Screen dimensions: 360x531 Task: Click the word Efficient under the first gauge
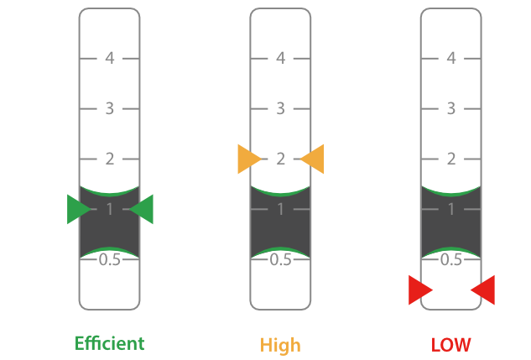click(x=109, y=343)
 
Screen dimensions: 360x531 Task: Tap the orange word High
click(x=280, y=345)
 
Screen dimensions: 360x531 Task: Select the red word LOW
click(x=450, y=345)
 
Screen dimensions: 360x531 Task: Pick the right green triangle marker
click(x=143, y=209)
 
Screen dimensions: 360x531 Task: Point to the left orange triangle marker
click(x=248, y=159)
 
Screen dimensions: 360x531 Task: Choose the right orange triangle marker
click(x=313, y=159)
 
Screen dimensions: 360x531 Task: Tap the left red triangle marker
click(x=419, y=290)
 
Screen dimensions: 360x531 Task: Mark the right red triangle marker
click(x=483, y=290)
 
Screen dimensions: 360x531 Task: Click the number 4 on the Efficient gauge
click(x=110, y=59)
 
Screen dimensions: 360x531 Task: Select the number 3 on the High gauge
click(x=281, y=109)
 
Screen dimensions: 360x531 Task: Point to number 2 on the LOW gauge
click(x=451, y=159)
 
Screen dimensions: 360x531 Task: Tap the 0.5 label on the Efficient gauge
click(x=110, y=259)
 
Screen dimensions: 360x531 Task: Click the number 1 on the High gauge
click(x=281, y=209)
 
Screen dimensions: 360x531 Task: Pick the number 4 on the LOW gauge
click(x=451, y=59)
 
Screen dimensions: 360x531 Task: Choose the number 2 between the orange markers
click(x=281, y=159)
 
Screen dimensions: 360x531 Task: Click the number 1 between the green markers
click(x=110, y=209)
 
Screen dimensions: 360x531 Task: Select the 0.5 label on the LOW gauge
click(x=451, y=259)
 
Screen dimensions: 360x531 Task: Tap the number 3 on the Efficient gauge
click(x=110, y=109)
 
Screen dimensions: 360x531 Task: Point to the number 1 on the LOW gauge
click(x=451, y=209)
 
